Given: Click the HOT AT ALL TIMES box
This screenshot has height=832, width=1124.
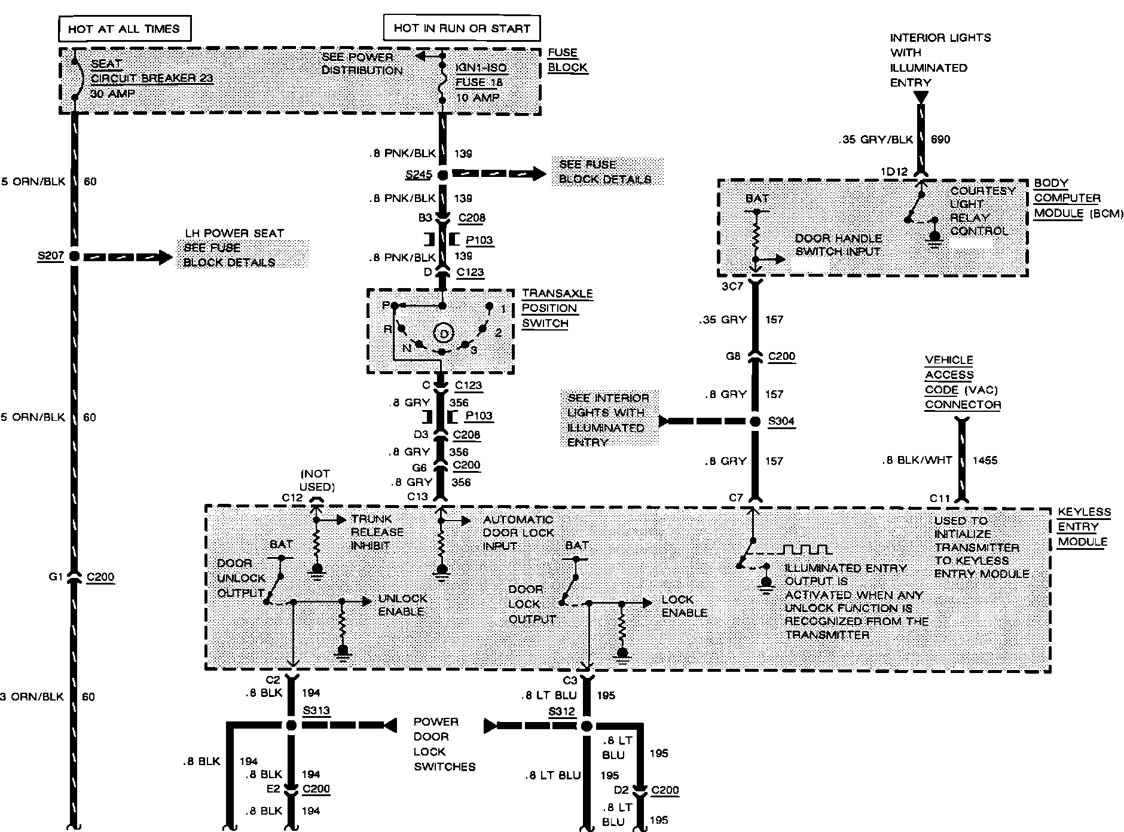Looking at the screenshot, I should tap(124, 29).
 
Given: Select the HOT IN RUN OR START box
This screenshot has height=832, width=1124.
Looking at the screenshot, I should tap(460, 28).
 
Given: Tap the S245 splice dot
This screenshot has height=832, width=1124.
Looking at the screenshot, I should tap(442, 175).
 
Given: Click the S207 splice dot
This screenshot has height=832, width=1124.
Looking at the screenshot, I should tap(74, 256).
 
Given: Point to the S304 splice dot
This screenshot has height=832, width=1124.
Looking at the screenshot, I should tap(755, 421).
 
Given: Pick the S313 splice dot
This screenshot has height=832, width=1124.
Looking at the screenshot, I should tap(291, 726).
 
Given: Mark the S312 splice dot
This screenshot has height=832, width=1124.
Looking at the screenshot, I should tap(586, 726).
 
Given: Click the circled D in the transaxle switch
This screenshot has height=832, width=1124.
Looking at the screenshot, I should tap(443, 333).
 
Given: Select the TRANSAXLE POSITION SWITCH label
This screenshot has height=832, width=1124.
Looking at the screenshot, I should tap(557, 308).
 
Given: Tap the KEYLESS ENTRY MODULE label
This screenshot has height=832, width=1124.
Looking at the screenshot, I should tap(1084, 527).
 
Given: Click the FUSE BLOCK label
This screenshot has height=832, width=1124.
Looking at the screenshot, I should tap(567, 60).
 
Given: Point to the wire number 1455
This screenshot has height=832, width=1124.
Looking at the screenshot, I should tap(985, 461).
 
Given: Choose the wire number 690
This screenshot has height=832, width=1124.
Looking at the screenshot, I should tap(940, 139).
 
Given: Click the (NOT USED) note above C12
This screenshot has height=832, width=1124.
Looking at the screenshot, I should tap(317, 480).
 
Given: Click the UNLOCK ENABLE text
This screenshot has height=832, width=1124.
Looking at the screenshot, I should tap(402, 605).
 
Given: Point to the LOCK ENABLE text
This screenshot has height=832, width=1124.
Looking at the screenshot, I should tap(684, 606).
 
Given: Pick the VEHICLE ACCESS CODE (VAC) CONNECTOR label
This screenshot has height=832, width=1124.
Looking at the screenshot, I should tap(962, 383).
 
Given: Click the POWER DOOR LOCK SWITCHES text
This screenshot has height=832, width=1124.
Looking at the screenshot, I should tap(444, 744).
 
